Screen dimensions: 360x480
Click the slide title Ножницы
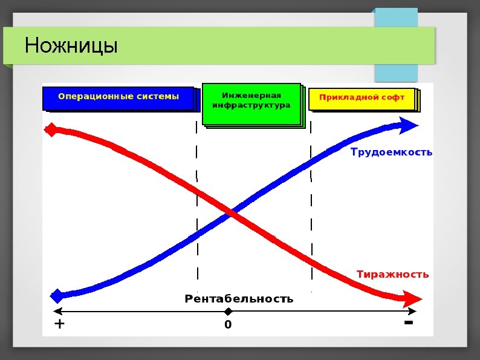[71, 45]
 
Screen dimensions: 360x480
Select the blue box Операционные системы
[118, 97]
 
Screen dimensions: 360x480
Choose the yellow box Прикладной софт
[362, 98]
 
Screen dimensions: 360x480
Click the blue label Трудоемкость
[391, 152]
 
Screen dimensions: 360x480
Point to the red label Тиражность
[392, 274]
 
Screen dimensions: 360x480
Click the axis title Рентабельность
[239, 299]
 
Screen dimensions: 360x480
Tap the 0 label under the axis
[228, 325]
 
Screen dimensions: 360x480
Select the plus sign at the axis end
[59, 324]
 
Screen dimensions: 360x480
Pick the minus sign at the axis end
[408, 323]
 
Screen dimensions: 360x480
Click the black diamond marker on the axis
[228, 312]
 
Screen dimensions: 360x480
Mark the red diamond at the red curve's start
[52, 129]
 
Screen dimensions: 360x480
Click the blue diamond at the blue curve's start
[57, 296]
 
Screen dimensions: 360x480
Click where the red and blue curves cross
[232, 212]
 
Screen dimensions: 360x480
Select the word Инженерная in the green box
[251, 96]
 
